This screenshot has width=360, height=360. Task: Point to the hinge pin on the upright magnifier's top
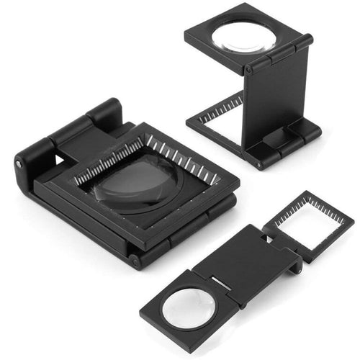(x=249, y=71)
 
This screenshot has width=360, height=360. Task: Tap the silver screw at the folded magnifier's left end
(x=18, y=165)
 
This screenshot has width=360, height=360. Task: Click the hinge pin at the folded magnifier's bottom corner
(x=134, y=261)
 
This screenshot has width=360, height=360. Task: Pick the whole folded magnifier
(x=122, y=184)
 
